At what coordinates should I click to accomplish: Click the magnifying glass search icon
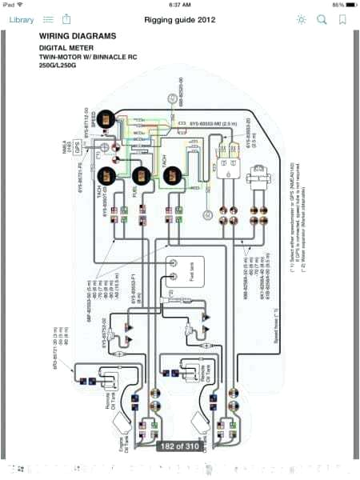tap(322, 18)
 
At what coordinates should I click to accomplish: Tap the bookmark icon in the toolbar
tap(342, 18)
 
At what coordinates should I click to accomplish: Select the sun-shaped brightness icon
tap(301, 18)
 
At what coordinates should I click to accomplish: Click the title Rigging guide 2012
tap(180, 18)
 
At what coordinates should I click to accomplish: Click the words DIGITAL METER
tap(66, 47)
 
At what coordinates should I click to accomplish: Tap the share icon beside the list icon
tap(66, 18)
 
